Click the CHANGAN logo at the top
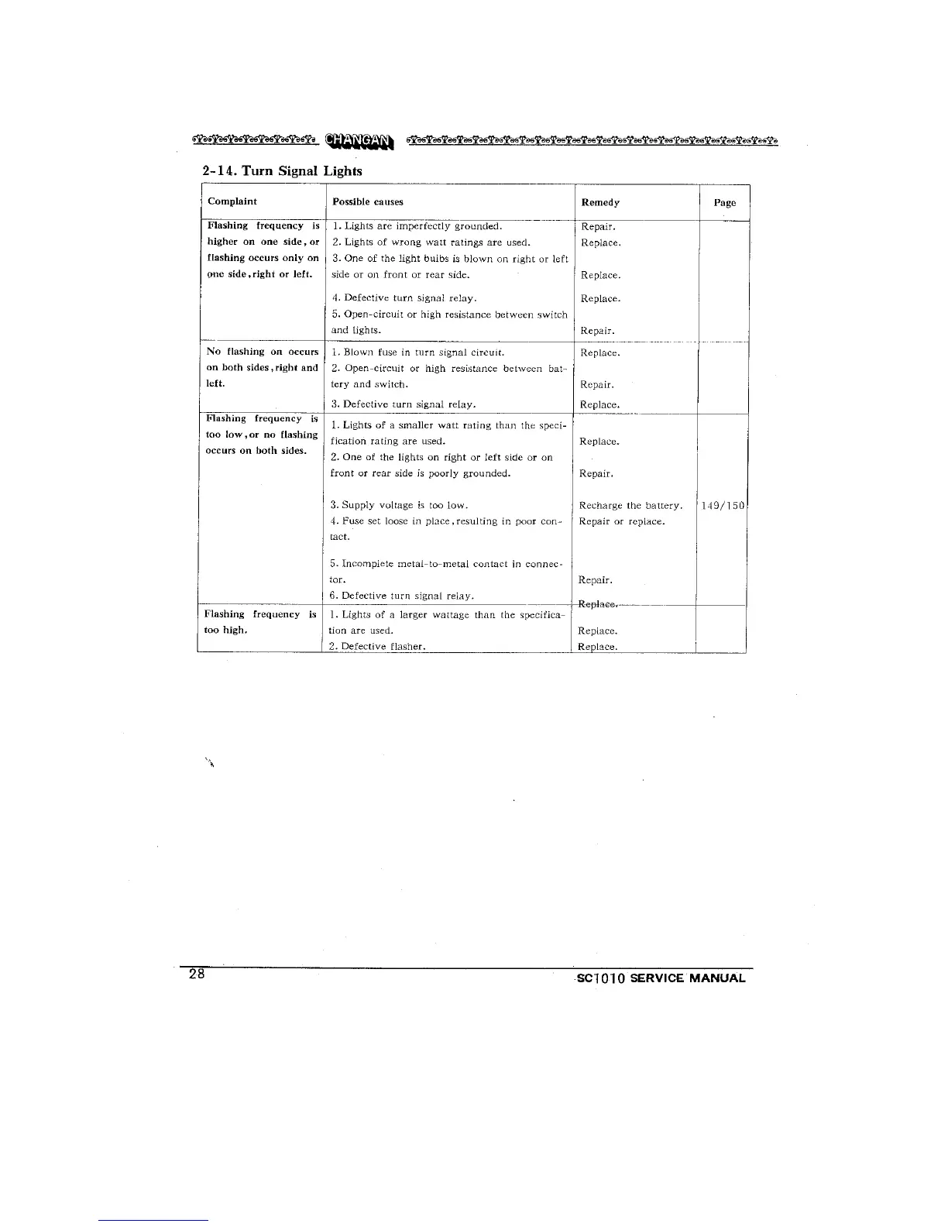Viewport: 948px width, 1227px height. [359, 140]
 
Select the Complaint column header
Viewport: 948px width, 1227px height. [232, 201]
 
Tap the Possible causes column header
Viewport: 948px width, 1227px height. [368, 202]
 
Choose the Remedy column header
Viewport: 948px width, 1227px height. [600, 202]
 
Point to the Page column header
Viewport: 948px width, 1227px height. [725, 203]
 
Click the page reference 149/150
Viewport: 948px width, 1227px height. [723, 506]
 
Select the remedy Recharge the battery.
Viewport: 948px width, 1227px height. [630, 506]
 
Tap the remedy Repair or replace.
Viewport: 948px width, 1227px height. [622, 521]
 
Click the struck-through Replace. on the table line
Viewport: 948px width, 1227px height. [597, 604]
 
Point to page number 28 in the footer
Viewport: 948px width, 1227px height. [197, 974]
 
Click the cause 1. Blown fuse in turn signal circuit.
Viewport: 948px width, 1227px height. [417, 352]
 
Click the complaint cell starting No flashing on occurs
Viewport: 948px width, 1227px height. [262, 367]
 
